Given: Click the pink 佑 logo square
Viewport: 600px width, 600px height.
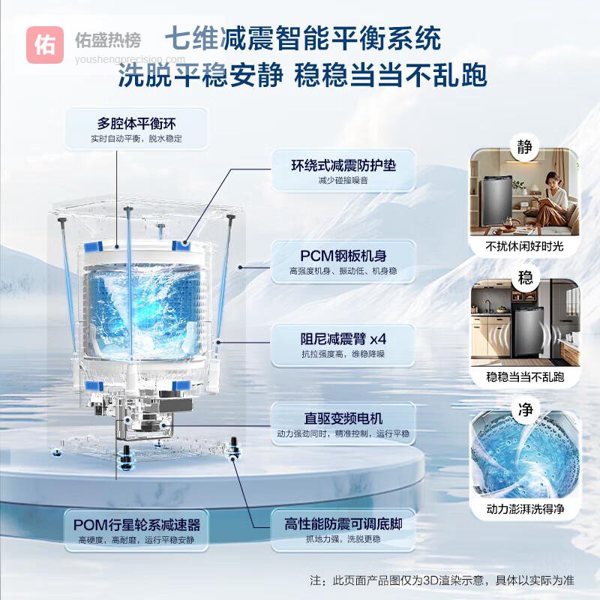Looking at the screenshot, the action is point(45,45).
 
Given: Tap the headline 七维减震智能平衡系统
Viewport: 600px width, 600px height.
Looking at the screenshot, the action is point(303,39).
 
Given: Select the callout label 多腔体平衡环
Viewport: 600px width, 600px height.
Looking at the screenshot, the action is point(136,124).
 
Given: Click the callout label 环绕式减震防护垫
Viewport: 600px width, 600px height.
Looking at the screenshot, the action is point(343,165).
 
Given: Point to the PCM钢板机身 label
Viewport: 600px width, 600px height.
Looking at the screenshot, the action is point(343,256).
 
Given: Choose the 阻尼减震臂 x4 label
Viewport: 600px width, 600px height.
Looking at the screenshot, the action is point(343,339).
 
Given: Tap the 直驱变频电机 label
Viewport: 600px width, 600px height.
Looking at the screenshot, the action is point(343,418).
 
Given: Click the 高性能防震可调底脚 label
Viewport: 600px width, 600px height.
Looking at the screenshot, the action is point(343,523).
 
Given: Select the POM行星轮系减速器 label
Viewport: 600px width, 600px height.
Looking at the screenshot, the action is point(136,525).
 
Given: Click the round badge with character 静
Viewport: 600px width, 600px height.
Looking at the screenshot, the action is point(524,146).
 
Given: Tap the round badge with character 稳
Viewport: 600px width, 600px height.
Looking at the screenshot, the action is point(525,277).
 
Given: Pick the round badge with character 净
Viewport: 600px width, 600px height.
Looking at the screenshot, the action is point(526,409).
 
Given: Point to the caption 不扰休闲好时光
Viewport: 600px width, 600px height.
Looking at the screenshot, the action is point(524,246).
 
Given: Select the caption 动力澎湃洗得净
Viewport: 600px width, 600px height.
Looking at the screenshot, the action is point(526,509).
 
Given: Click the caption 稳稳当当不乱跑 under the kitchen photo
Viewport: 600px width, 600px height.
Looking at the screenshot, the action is point(525,377).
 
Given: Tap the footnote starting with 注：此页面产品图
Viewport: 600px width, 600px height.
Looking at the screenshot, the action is point(442,580).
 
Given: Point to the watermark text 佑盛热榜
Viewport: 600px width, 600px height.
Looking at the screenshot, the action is point(108,40).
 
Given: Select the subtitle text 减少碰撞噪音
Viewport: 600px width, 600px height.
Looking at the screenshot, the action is point(343,180).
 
